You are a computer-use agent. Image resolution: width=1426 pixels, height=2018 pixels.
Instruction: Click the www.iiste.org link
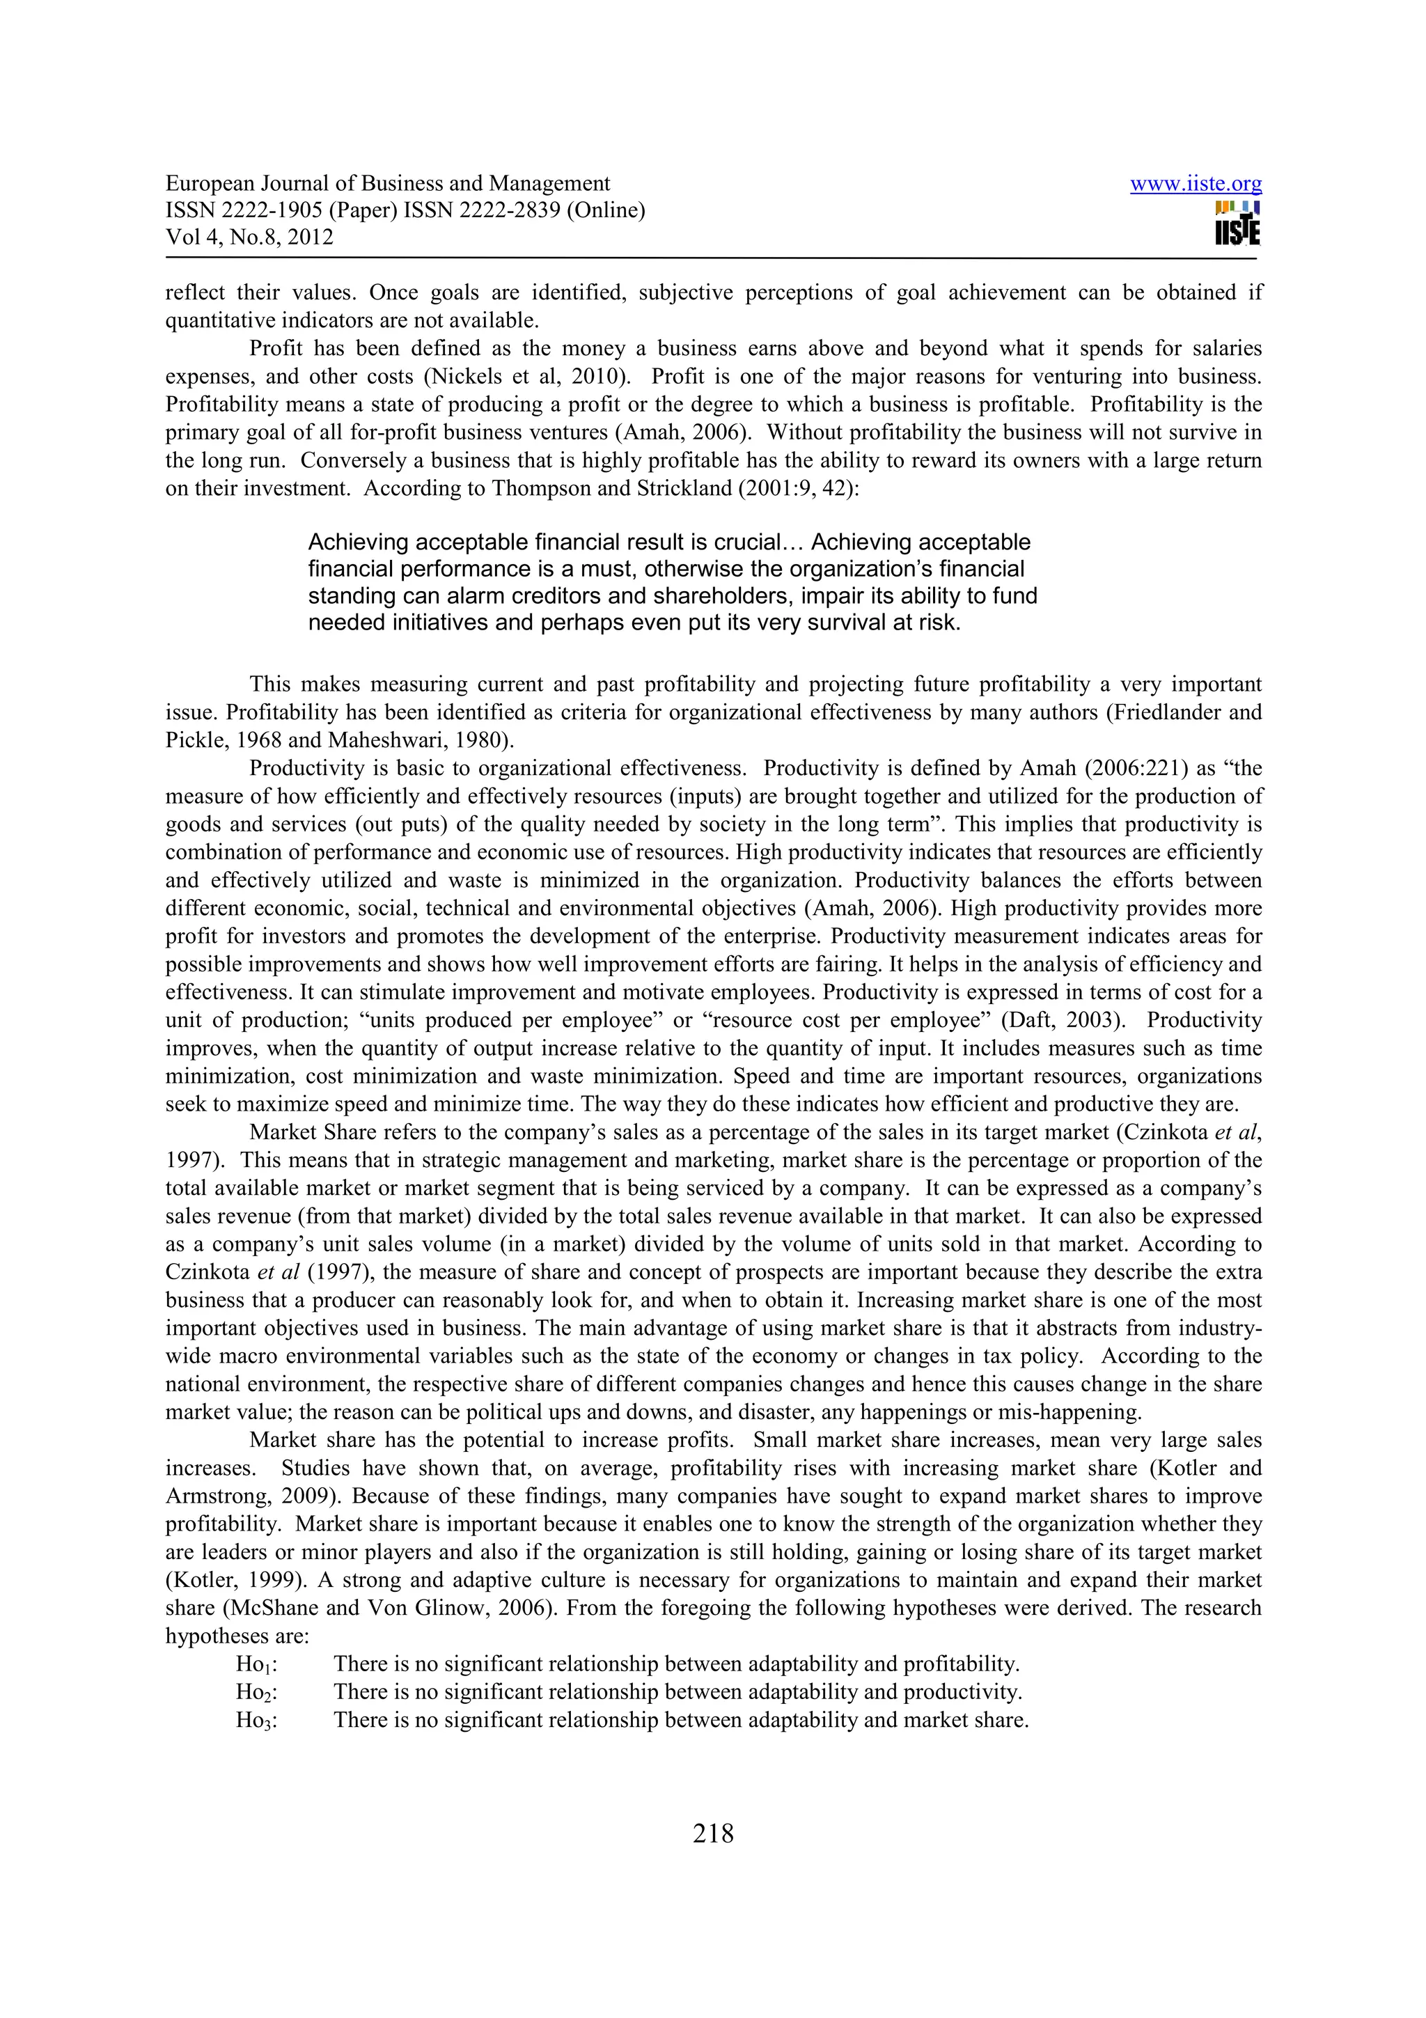click(x=1195, y=184)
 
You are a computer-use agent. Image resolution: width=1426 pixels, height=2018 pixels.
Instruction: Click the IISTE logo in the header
click(x=1237, y=224)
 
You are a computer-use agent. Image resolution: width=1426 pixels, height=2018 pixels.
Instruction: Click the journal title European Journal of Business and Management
click(x=387, y=184)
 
